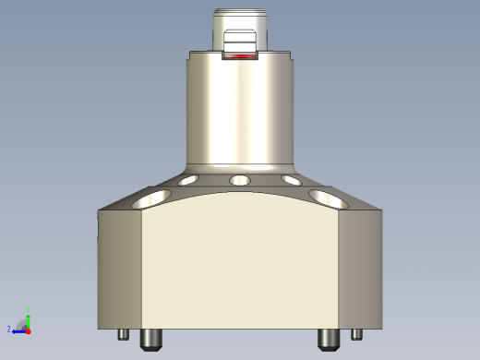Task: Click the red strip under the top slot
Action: (x=240, y=56)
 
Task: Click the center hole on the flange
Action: (x=240, y=180)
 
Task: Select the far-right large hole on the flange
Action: (x=327, y=198)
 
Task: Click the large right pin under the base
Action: (x=328, y=340)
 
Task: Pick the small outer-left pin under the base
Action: (x=122, y=334)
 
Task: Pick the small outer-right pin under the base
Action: (x=357, y=334)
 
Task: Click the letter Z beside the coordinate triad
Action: (x=9, y=329)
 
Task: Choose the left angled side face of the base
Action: (x=120, y=268)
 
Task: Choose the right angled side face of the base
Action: (x=360, y=268)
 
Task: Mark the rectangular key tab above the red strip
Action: (x=240, y=41)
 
